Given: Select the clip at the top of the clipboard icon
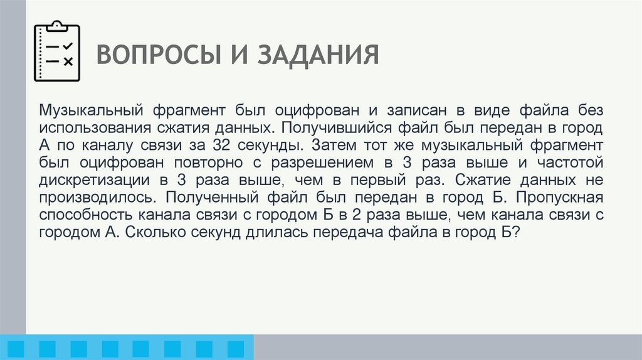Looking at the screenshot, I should [x=56, y=26].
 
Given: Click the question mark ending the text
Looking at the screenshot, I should [x=514, y=233].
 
